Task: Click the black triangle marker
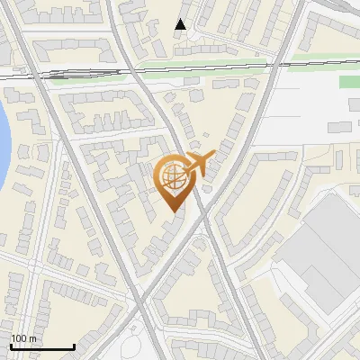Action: click(181, 25)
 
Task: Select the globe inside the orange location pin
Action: click(173, 176)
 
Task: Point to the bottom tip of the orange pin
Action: click(173, 211)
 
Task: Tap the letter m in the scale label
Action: click(33, 338)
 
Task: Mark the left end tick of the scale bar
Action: click(11, 346)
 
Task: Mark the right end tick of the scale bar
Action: click(74, 346)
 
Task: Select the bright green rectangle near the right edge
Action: click(348, 83)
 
